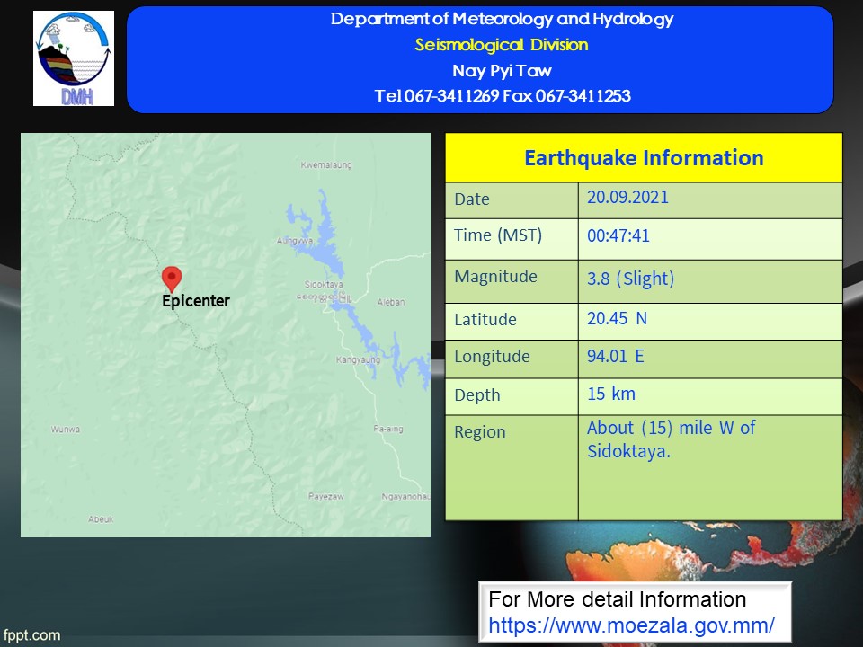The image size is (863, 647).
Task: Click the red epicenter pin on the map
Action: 172,279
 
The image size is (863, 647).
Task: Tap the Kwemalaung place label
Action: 326,164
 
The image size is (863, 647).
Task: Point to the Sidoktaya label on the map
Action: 324,284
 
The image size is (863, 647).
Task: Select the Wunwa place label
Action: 66,430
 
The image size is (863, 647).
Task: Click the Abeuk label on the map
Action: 101,518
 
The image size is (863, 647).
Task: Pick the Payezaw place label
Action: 325,496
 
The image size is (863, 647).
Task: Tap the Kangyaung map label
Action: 359,359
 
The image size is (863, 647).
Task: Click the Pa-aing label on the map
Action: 388,429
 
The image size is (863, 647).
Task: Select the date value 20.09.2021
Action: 627,198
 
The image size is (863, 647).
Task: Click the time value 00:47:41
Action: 618,236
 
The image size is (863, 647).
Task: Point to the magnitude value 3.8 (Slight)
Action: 630,279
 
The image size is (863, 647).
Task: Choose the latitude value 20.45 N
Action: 617,318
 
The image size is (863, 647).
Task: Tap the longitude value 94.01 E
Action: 615,356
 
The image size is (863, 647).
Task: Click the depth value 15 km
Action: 611,394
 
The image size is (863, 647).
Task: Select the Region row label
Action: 479,432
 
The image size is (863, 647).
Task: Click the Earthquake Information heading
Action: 644,158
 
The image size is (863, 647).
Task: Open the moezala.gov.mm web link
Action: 631,625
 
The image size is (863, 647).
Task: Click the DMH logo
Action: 74,58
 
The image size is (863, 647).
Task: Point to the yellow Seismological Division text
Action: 502,45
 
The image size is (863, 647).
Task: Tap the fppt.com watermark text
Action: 31,635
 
